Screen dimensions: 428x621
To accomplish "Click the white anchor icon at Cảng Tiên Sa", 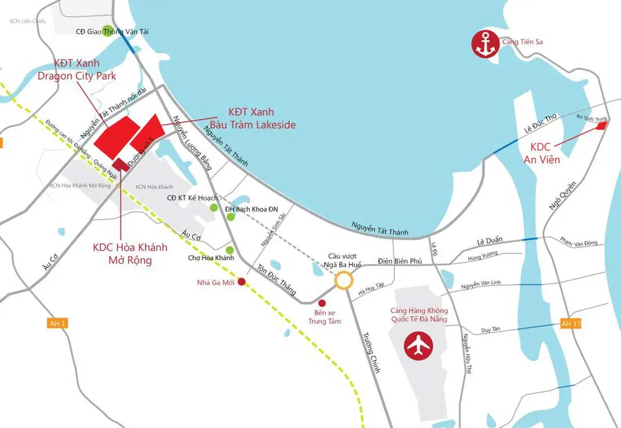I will click(485, 42).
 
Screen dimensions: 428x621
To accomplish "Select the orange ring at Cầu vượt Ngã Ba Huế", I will click(343, 280).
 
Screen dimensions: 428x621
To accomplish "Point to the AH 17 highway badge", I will click(571, 324).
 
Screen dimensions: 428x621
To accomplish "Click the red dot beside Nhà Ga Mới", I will click(241, 282).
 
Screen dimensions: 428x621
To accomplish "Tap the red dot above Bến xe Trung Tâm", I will click(322, 303).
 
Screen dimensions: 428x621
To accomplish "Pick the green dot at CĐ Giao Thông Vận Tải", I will click(107, 29).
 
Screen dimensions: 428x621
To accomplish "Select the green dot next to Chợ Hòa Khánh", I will click(230, 250).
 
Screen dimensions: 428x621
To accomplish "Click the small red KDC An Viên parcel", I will click(601, 125).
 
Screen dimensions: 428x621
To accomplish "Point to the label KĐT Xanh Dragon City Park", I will click(77, 70).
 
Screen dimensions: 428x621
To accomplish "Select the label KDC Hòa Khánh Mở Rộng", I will click(130, 254).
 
